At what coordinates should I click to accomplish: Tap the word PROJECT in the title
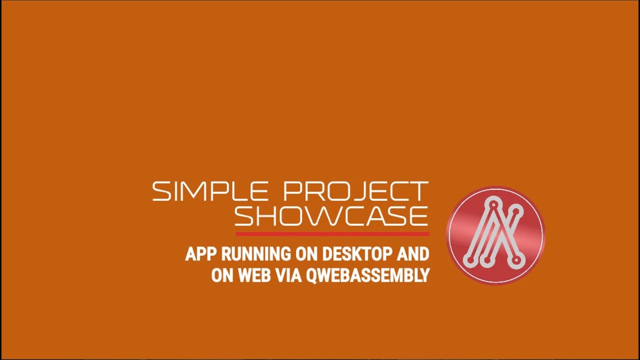pos(355,191)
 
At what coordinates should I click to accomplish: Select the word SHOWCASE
pos(331,216)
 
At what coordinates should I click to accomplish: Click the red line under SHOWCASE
pos(332,233)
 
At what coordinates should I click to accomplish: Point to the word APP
pos(201,254)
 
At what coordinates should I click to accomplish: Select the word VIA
pos(287,275)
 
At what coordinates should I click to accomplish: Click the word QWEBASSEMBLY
pos(367,275)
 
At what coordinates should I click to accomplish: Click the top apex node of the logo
pos(493,203)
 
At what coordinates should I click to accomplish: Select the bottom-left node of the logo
pos(468,259)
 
